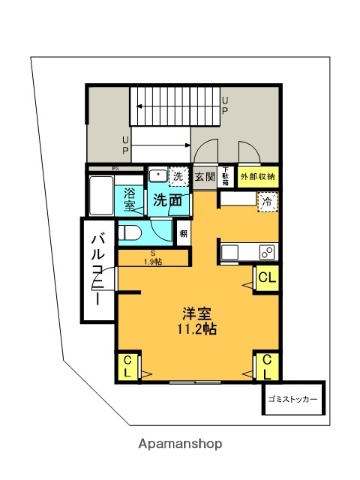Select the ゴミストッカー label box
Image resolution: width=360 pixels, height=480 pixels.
(293, 399)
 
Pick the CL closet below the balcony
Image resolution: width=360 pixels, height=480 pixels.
(130, 366)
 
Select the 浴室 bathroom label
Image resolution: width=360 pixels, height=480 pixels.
(130, 197)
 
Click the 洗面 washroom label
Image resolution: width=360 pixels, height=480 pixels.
(167, 199)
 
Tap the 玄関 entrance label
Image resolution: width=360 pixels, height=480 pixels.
(204, 177)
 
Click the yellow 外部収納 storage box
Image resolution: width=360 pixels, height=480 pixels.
(258, 177)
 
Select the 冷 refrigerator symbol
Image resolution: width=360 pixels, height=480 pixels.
(267, 202)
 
